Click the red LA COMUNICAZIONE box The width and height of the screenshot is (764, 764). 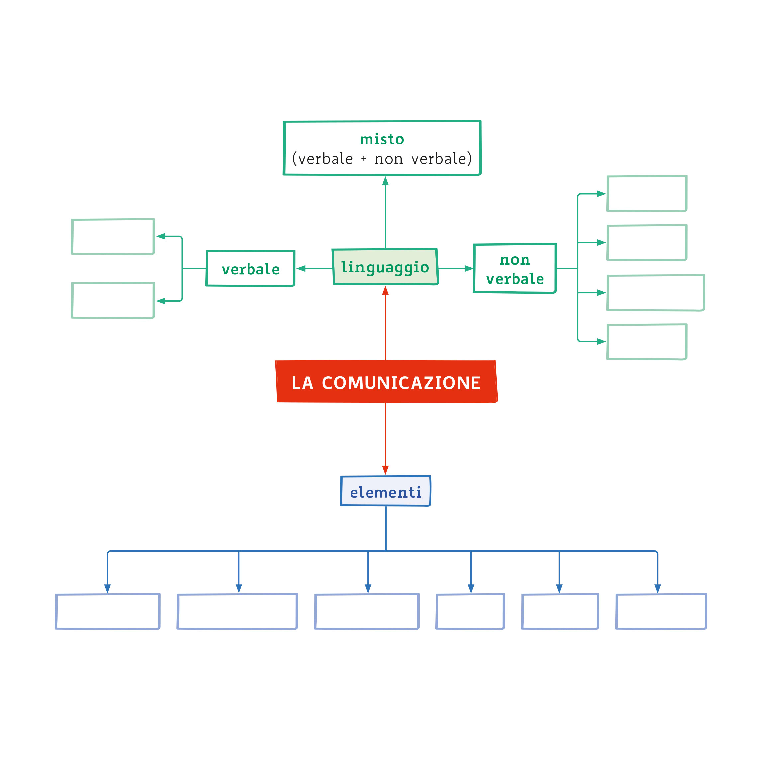click(386, 382)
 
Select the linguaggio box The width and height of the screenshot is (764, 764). click(385, 267)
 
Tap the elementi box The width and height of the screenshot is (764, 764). click(386, 491)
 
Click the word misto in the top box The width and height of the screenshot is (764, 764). click(382, 139)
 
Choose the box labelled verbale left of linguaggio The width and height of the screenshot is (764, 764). click(250, 268)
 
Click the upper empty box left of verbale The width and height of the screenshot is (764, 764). click(113, 237)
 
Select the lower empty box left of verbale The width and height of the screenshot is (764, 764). click(113, 300)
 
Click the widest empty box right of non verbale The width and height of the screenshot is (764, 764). click(655, 293)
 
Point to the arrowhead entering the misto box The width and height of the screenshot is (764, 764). click(385, 181)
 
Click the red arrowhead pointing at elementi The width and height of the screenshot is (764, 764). click(385, 470)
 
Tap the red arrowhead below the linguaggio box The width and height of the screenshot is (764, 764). click(385, 291)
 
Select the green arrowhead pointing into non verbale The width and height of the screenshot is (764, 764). click(469, 268)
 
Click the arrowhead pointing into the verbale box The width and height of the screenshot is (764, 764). click(301, 268)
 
